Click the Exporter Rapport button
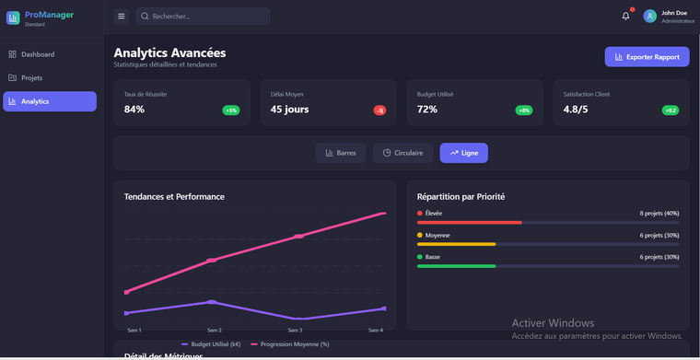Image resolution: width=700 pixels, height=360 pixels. coord(647,57)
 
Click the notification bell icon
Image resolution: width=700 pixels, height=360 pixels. coord(625,16)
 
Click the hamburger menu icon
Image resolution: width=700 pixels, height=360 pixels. coord(122,17)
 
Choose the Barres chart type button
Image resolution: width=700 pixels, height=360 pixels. coord(341,153)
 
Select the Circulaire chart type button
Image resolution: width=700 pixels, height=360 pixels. coord(402,153)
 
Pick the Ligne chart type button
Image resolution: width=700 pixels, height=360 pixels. coord(463,153)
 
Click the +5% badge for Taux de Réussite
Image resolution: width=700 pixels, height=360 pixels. coord(230,110)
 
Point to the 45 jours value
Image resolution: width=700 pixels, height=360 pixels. coord(289,110)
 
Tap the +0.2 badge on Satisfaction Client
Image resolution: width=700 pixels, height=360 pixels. coord(671,110)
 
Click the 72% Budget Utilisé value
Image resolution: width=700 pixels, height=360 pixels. coord(426,110)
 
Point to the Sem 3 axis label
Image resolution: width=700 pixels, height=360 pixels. coord(295,330)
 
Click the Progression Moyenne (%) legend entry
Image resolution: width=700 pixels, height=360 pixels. coord(290,344)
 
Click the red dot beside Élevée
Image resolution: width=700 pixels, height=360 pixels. coord(420,214)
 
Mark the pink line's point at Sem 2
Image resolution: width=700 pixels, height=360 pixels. coord(212,261)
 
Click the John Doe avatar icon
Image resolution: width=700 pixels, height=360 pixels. coord(650,16)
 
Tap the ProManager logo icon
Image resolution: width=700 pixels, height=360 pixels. coord(13,17)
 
